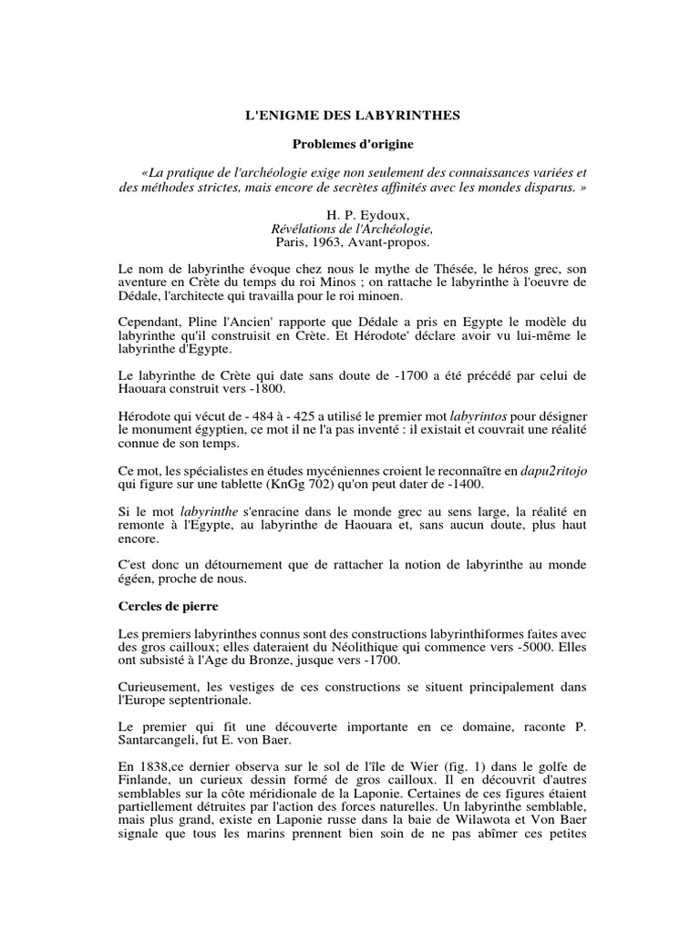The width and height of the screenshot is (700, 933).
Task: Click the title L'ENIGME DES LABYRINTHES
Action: (x=351, y=116)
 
